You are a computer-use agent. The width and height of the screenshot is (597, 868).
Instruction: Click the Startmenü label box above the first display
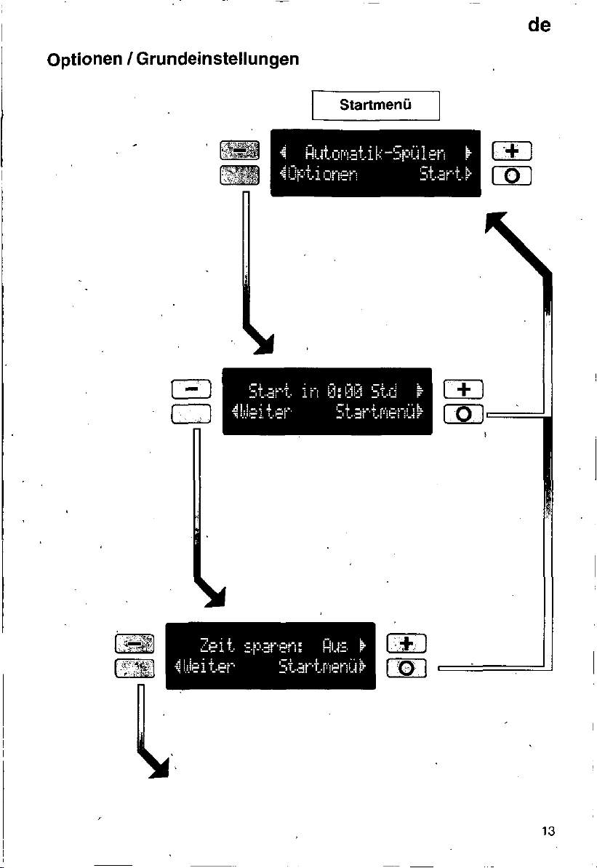[376, 105]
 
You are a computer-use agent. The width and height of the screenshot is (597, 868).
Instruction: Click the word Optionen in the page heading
[84, 59]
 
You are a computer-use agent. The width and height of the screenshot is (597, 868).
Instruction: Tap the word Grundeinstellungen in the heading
[217, 59]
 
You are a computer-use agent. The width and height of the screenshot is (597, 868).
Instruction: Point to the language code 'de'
[539, 25]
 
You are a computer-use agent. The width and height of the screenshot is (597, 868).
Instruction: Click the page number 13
[548, 831]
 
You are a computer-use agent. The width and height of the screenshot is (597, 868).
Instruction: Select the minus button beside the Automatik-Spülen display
[239, 150]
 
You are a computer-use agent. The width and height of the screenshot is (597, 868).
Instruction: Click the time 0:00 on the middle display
[345, 391]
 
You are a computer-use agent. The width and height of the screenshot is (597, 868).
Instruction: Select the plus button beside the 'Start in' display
[464, 389]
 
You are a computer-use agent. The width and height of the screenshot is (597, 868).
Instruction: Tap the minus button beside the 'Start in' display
[191, 389]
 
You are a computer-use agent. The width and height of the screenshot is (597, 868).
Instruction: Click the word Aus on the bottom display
[335, 646]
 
